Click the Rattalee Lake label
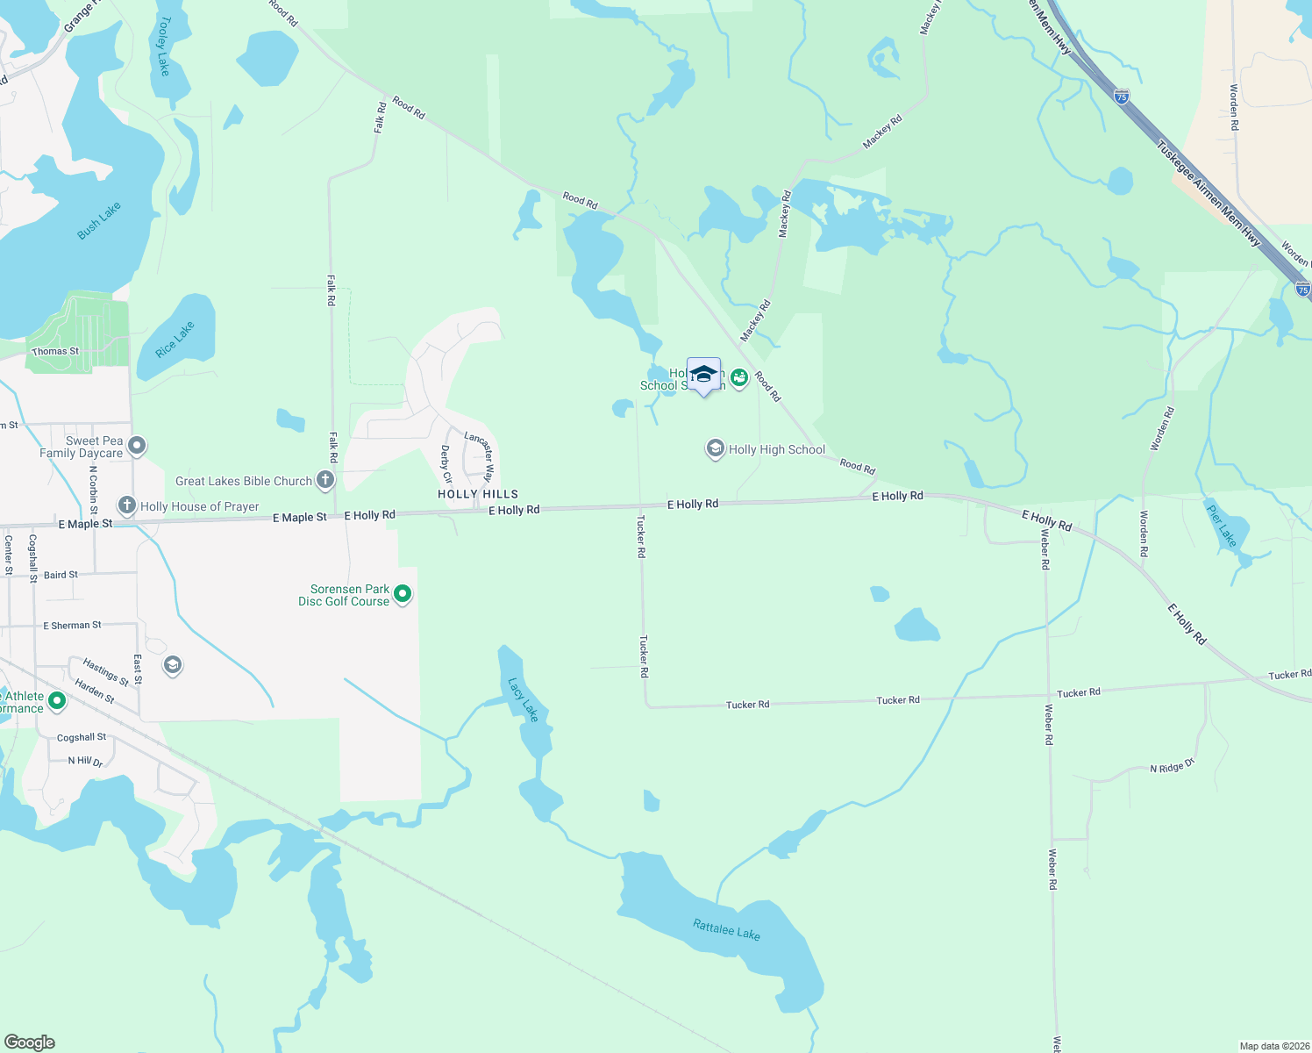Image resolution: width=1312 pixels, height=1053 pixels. click(726, 929)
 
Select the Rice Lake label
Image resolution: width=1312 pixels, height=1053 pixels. click(175, 340)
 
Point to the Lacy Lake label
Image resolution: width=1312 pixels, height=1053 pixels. click(523, 699)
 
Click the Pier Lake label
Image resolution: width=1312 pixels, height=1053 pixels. click(1221, 526)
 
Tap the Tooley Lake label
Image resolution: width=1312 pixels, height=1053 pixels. click(163, 45)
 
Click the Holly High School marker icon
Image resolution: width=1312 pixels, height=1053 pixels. click(716, 449)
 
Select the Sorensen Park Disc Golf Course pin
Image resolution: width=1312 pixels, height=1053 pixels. click(403, 595)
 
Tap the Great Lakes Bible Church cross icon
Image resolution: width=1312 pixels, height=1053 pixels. click(325, 480)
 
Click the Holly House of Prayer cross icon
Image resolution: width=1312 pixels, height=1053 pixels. click(127, 505)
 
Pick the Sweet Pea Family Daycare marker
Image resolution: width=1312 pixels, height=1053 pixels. click(137, 446)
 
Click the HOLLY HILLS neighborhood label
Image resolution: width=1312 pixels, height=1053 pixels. click(478, 494)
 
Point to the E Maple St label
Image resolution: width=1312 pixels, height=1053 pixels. click(85, 524)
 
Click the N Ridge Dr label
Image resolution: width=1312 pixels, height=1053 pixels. click(1173, 767)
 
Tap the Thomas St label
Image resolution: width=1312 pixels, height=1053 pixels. click(55, 351)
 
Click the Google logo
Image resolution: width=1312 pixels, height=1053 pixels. click(30, 1042)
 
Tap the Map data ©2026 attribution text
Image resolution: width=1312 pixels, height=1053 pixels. click(1273, 1046)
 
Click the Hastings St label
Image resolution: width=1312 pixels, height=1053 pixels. click(106, 672)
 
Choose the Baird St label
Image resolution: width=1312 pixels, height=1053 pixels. click(61, 575)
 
